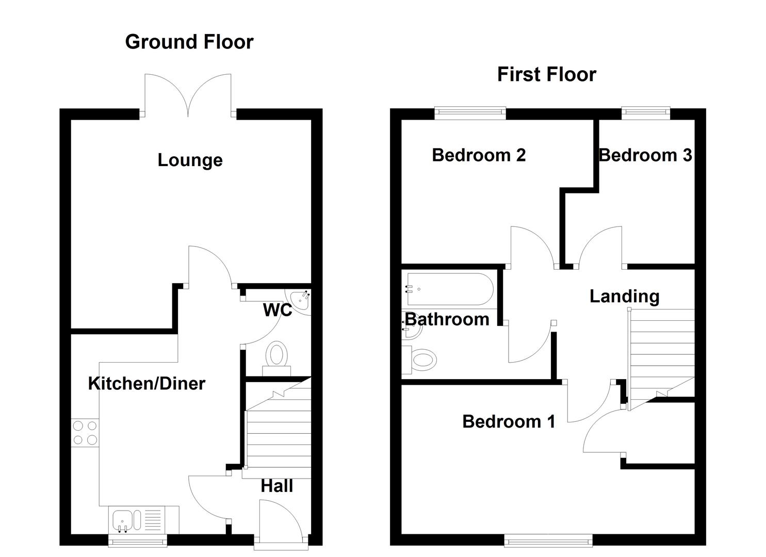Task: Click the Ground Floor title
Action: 189,42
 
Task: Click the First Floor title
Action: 546,74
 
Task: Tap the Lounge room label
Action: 190,160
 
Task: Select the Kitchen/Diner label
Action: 146,383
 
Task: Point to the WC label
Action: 277,310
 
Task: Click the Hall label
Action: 276,486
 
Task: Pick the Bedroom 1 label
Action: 509,421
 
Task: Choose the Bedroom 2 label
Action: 479,155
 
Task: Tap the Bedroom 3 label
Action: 645,155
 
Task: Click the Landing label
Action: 624,296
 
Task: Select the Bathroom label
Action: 447,319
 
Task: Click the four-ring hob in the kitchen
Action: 85,433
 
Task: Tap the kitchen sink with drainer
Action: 137,520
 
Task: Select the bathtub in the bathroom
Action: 448,289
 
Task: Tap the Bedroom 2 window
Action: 470,112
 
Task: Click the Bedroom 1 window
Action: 548,540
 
